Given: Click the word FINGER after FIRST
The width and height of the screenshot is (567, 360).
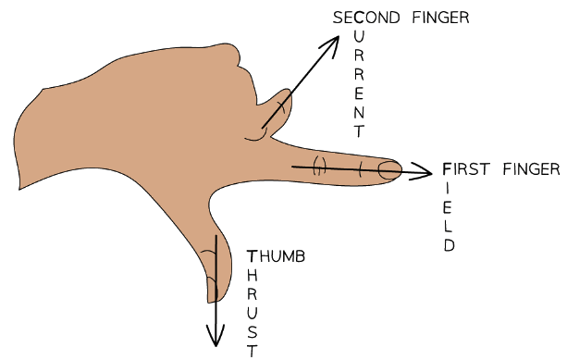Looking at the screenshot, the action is [x=531, y=168].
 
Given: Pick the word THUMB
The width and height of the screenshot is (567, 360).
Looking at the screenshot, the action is [x=274, y=256].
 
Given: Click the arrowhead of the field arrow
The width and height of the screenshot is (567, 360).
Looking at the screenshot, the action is [x=426, y=171].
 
